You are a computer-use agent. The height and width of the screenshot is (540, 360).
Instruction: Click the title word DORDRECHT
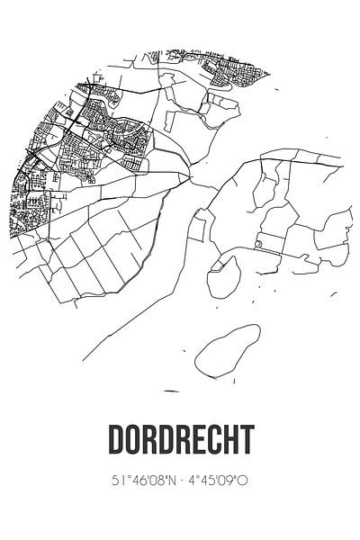pyautogui.click(x=180, y=440)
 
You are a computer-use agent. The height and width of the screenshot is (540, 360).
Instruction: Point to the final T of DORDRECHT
pyautogui.click(x=244, y=440)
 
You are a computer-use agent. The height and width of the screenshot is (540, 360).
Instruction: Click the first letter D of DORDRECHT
pyautogui.click(x=116, y=440)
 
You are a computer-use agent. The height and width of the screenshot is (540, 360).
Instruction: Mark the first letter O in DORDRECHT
pyautogui.click(x=134, y=440)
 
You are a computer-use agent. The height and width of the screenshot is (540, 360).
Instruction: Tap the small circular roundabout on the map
pyautogui.click(x=258, y=243)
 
